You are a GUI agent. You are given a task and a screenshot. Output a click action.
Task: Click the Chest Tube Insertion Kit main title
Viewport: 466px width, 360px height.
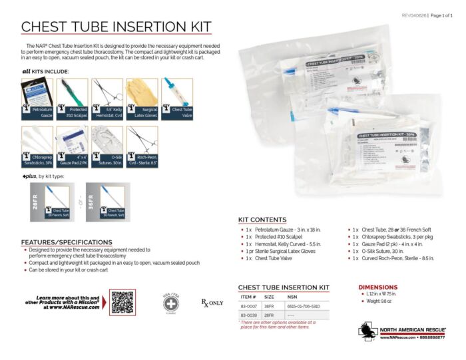[116, 26]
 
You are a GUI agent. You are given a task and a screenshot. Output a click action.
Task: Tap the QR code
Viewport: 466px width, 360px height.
[122, 302]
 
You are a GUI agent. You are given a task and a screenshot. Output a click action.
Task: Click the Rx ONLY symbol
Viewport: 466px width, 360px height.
[212, 303]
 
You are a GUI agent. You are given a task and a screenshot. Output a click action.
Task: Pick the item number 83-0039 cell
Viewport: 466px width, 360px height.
[248, 315]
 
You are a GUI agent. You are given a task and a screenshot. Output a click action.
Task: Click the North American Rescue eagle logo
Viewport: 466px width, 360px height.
[367, 331]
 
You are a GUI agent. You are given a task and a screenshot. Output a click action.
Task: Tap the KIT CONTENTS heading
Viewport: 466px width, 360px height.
[262, 220]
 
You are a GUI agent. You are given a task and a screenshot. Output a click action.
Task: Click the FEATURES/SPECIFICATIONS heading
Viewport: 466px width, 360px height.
[67, 242]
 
